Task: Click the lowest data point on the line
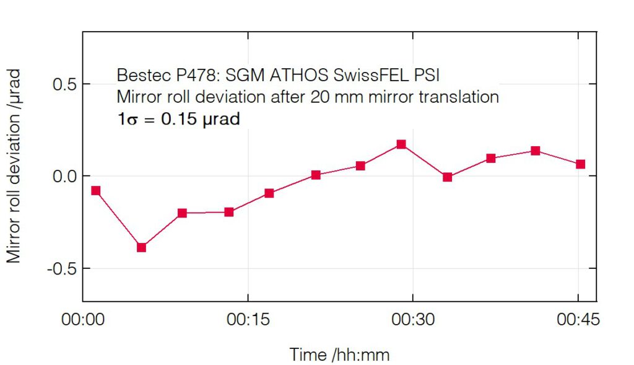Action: point(142,247)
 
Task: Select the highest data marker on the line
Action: point(401,144)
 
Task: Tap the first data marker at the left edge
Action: point(96,191)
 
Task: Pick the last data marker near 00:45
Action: point(580,164)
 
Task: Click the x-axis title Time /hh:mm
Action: point(339,354)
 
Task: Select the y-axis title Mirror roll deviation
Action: point(14,165)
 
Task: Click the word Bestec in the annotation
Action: point(138,76)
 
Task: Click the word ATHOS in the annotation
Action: point(301,76)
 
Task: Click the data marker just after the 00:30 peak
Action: point(448,177)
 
